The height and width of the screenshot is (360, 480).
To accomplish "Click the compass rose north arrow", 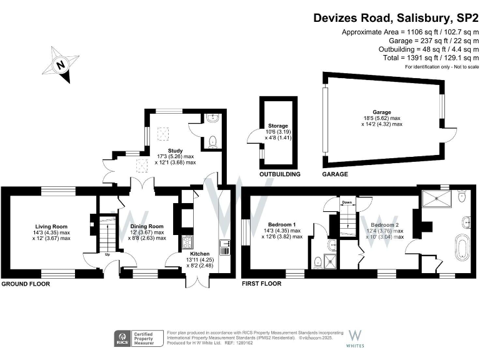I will [x=61, y=64].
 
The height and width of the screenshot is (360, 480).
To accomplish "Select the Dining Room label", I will [x=147, y=226].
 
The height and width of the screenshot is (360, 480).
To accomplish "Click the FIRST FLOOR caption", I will [x=262, y=284].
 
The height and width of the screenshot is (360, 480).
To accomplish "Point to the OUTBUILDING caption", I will [x=280, y=174].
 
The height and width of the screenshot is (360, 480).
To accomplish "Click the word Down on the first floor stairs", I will [x=347, y=202].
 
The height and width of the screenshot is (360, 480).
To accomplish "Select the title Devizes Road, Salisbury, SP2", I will [x=396, y=18].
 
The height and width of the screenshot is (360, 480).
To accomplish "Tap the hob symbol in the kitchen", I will [x=187, y=241].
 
